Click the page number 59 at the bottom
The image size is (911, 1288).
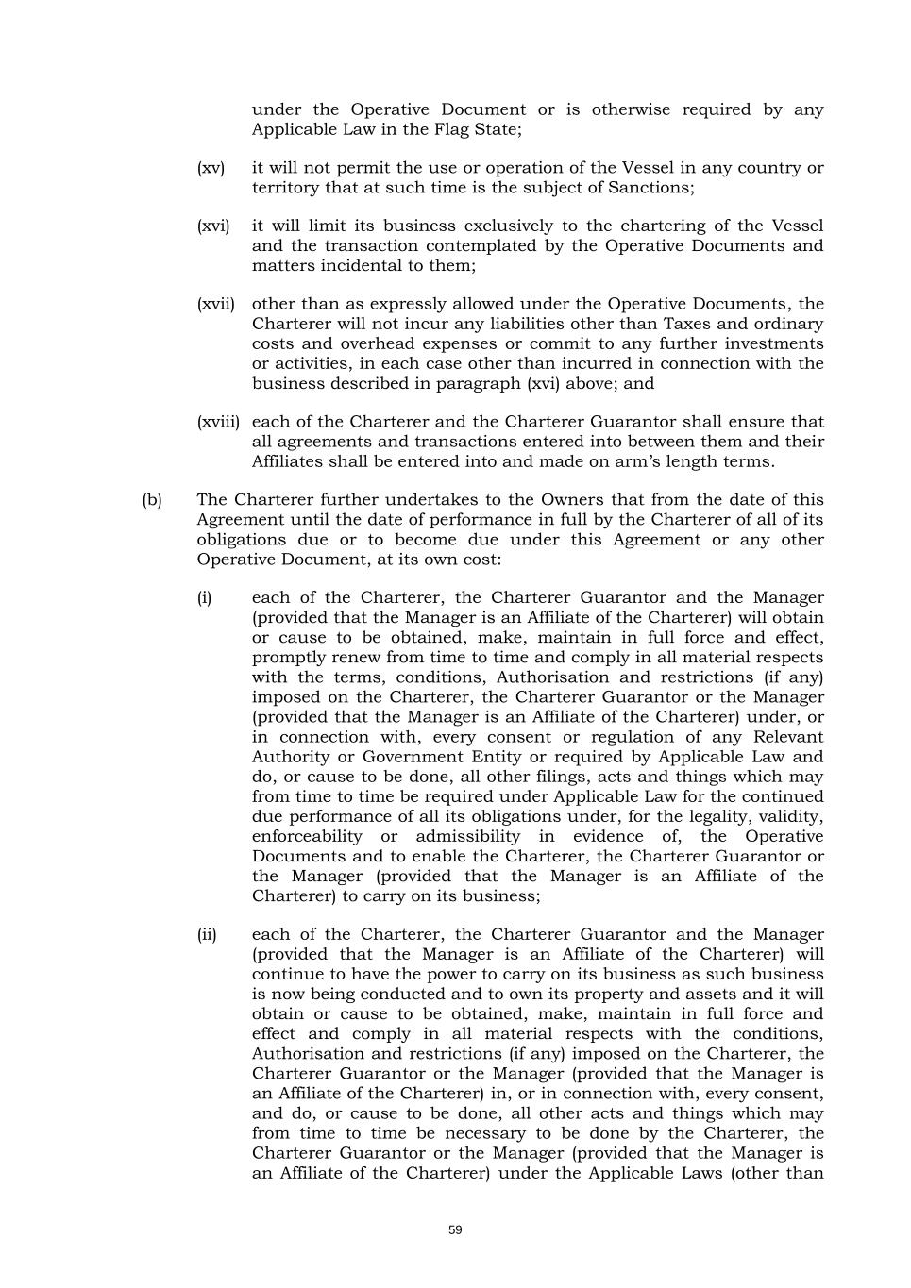coord(455,1230)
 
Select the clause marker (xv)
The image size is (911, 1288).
coord(211,168)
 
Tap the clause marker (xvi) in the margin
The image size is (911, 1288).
coord(212,226)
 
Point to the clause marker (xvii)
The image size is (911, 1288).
coord(215,304)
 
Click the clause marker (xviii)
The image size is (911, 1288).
coord(218,422)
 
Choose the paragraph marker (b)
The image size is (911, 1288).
coord(152,500)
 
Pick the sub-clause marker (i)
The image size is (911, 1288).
coord(204,598)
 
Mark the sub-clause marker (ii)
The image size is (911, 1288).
coord(206,935)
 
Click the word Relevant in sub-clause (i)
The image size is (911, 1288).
coord(788,737)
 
